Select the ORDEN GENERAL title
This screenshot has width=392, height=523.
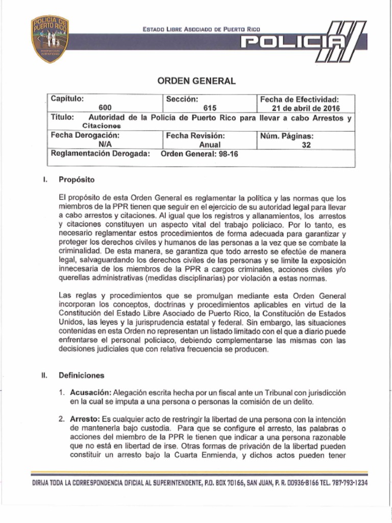[196, 81]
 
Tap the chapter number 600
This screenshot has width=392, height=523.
[105, 108]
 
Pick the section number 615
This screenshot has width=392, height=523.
[210, 108]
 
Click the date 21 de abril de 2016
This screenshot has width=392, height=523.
[306, 108]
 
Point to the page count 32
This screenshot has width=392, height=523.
[306, 145]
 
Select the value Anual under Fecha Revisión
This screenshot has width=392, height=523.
[210, 145]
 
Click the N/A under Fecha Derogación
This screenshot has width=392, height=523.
[105, 145]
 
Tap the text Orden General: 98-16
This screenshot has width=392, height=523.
[200, 154]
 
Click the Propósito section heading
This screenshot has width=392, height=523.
[76, 180]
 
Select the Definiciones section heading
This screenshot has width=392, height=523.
[81, 375]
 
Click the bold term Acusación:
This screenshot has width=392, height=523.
[90, 393]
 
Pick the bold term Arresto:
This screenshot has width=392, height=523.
[85, 419]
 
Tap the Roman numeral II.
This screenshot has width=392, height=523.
[44, 375]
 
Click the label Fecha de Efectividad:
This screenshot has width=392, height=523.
[300, 100]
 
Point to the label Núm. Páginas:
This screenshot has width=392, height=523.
[287, 136]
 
